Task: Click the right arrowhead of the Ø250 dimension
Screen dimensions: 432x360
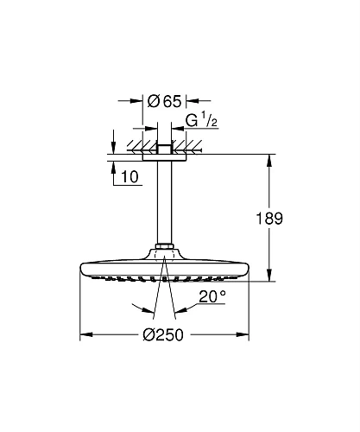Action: [x=244, y=335]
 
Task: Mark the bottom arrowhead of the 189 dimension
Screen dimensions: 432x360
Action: [x=272, y=276]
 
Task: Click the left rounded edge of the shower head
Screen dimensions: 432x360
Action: [x=82, y=270]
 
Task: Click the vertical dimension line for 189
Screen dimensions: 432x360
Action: [x=272, y=190]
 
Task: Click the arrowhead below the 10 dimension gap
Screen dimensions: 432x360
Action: [x=113, y=164]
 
